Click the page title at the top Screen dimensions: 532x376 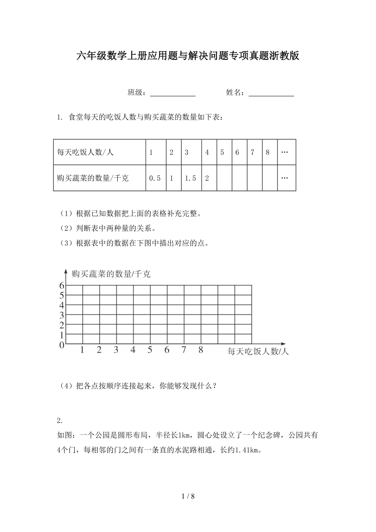(188, 56)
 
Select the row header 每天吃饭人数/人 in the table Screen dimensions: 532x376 (85, 152)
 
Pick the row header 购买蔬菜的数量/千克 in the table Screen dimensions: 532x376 (93, 178)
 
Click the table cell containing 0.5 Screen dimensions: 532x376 (155, 178)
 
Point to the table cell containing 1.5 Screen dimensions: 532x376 (190, 178)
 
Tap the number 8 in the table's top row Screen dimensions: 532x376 (268, 152)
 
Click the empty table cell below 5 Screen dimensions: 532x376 (224, 178)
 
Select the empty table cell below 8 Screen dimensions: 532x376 (269, 178)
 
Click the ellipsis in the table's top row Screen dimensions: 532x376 (285, 152)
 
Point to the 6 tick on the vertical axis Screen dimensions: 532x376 (62, 285)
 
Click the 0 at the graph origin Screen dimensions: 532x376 (62, 345)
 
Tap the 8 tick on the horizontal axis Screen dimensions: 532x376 (201, 350)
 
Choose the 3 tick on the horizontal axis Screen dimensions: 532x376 (116, 350)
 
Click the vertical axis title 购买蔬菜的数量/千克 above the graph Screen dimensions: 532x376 (111, 274)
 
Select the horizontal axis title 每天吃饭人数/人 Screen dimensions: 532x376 (258, 351)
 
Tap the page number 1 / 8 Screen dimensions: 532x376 (188, 497)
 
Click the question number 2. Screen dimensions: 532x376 (60, 421)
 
